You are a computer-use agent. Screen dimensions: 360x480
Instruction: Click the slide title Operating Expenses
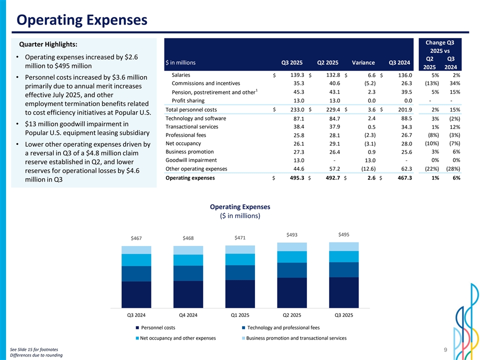[x=81, y=20]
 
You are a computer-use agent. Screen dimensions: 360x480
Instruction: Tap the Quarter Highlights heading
[x=48, y=45]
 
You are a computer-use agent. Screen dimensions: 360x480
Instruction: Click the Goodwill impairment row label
[x=191, y=160]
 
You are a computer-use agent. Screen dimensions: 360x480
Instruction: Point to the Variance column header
[x=363, y=62]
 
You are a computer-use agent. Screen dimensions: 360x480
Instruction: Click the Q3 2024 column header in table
[x=400, y=62]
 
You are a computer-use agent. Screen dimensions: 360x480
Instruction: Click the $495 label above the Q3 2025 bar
[x=344, y=235]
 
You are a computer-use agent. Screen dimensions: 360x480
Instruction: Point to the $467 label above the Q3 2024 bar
[x=136, y=238]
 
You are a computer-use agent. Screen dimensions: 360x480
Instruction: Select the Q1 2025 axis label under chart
[x=240, y=315]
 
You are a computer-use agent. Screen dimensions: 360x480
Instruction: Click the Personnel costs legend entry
[x=158, y=327]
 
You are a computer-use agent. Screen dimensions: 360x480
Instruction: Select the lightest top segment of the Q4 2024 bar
[x=188, y=250]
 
